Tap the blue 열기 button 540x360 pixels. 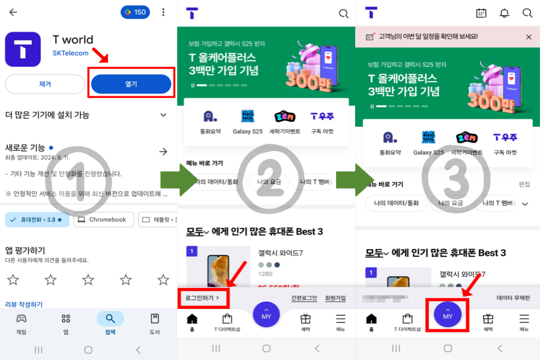click(131, 84)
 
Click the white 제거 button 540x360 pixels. click(45, 84)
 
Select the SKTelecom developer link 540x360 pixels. click(70, 53)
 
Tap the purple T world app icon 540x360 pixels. click(23, 49)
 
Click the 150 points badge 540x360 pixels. click(135, 12)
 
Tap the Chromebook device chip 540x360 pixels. click(104, 220)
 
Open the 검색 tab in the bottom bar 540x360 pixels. click(110, 322)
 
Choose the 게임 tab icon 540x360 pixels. click(21, 322)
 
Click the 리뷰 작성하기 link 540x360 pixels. click(25, 304)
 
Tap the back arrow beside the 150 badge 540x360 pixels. click(13, 12)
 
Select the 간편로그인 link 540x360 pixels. click(304, 298)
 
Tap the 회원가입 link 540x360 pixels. click(335, 298)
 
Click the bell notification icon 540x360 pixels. click(504, 13)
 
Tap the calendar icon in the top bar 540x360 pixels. click(481, 13)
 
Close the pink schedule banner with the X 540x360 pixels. click(529, 37)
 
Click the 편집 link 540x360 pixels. click(524, 184)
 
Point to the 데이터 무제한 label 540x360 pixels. click(513, 298)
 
